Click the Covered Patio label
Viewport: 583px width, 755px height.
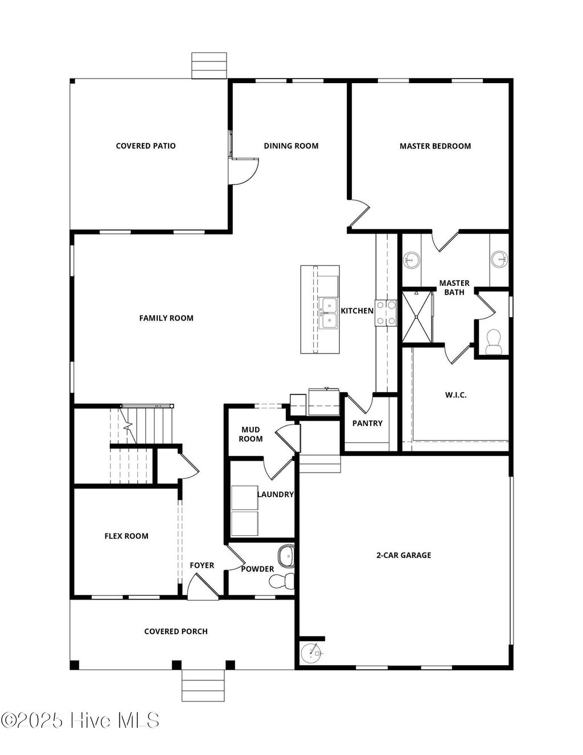coord(146,146)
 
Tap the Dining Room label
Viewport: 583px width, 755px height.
coord(291,146)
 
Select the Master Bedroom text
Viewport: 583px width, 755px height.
coord(435,146)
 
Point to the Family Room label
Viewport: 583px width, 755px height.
coord(166,318)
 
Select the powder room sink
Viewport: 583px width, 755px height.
coord(285,556)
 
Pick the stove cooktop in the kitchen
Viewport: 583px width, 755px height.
coord(385,313)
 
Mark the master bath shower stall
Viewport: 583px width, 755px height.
coord(417,317)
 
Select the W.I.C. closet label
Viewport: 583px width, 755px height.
coord(455,395)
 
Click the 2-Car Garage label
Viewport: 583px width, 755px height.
coord(404,555)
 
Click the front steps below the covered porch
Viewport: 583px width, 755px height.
coord(203,685)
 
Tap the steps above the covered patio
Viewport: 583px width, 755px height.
coord(209,65)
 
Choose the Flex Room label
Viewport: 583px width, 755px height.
coord(126,536)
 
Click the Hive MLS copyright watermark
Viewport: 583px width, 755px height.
coord(80,720)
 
